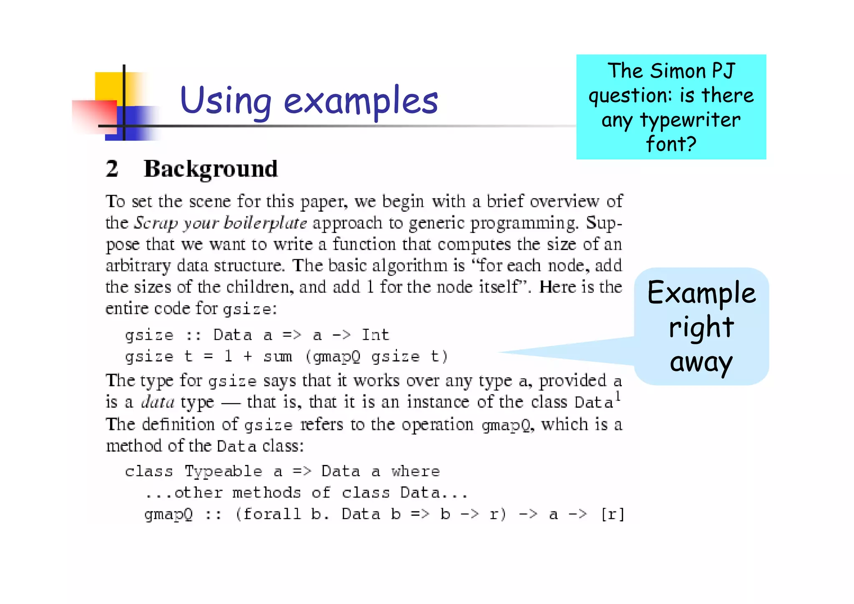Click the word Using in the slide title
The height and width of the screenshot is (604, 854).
226,101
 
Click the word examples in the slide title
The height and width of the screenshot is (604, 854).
361,101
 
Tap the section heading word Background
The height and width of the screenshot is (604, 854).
211,169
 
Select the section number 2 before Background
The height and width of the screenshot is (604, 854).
112,169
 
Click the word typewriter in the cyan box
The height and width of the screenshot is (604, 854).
691,120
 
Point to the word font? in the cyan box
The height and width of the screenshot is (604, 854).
671,144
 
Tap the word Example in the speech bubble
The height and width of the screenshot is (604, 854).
701,293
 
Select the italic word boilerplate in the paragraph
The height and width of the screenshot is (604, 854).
265,223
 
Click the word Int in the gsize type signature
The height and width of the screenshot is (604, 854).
375,335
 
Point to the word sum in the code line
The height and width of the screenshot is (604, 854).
278,357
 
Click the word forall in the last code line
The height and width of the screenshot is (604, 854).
272,514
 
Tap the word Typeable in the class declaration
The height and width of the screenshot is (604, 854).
224,472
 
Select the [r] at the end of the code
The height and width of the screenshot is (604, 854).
612,514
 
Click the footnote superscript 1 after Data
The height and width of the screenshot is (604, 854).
618,395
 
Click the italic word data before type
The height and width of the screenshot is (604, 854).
158,402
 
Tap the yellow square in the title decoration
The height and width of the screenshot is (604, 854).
108,86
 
